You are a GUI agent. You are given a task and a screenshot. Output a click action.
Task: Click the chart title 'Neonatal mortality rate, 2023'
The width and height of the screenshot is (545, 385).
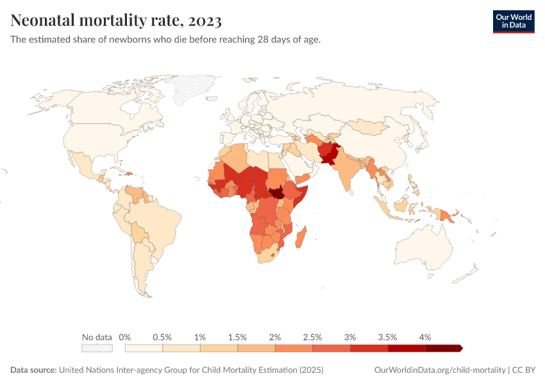[x=116, y=21]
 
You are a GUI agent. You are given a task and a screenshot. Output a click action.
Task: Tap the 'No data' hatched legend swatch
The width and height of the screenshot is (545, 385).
[x=97, y=348]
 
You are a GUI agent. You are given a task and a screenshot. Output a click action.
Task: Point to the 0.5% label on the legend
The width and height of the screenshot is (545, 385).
[x=162, y=337]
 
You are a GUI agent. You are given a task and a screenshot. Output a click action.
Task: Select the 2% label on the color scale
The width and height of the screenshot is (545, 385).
[x=275, y=337]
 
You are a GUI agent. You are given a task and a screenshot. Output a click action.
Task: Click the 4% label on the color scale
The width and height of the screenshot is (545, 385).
[x=425, y=337]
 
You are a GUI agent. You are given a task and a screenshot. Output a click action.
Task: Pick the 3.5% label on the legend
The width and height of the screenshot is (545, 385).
[x=387, y=337]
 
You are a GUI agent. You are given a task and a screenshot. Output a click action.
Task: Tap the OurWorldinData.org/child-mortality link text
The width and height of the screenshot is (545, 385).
[x=440, y=370]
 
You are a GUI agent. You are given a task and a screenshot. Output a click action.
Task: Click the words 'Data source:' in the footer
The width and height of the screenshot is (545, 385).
[x=33, y=370]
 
